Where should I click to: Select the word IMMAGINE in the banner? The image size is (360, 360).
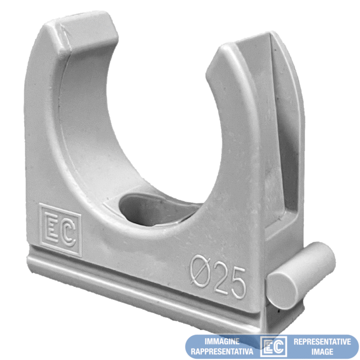(x=222, y=341)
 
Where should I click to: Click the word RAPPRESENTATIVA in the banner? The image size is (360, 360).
(x=222, y=352)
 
